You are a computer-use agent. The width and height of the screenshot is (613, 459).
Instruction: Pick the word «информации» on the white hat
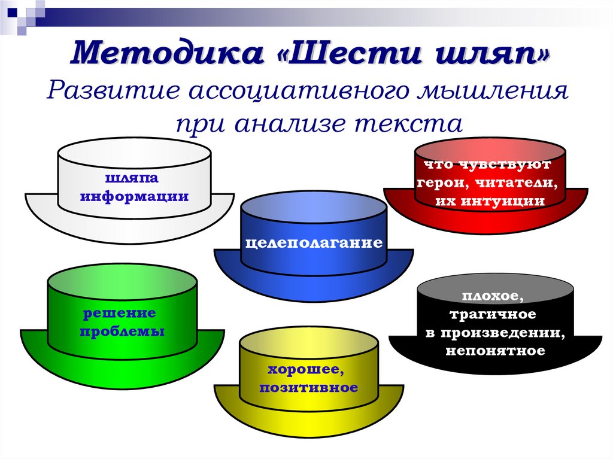pyautogui.click(x=134, y=196)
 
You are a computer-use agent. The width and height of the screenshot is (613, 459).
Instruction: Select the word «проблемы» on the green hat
pyautogui.click(x=122, y=331)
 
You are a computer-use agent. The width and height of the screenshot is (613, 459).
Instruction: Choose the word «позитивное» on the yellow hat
pyautogui.click(x=308, y=388)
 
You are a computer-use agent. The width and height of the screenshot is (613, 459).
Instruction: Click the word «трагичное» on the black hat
pyautogui.click(x=491, y=314)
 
